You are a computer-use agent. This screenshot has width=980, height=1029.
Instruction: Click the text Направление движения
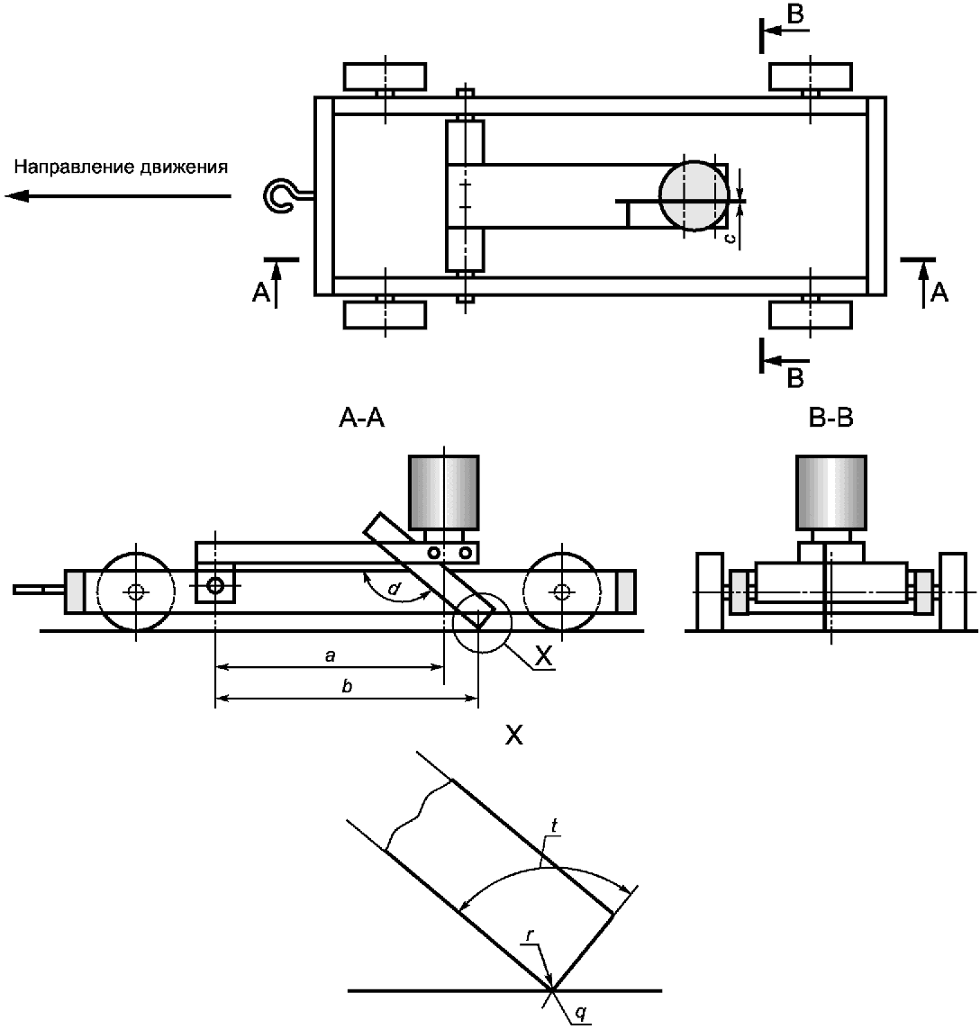coord(122,167)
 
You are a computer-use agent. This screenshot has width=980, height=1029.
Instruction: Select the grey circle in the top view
coord(694,195)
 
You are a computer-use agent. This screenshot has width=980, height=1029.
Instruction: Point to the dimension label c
coord(729,239)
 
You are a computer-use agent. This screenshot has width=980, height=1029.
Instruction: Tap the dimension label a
coord(331,654)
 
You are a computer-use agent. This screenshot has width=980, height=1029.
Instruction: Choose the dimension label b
coord(348,686)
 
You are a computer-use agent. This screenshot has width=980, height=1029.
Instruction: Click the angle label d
coord(395,588)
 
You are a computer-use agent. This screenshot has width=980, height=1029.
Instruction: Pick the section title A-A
coord(361,418)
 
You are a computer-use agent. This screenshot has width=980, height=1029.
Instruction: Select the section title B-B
coord(831,418)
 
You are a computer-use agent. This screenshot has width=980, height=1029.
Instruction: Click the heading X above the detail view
coord(514,736)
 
